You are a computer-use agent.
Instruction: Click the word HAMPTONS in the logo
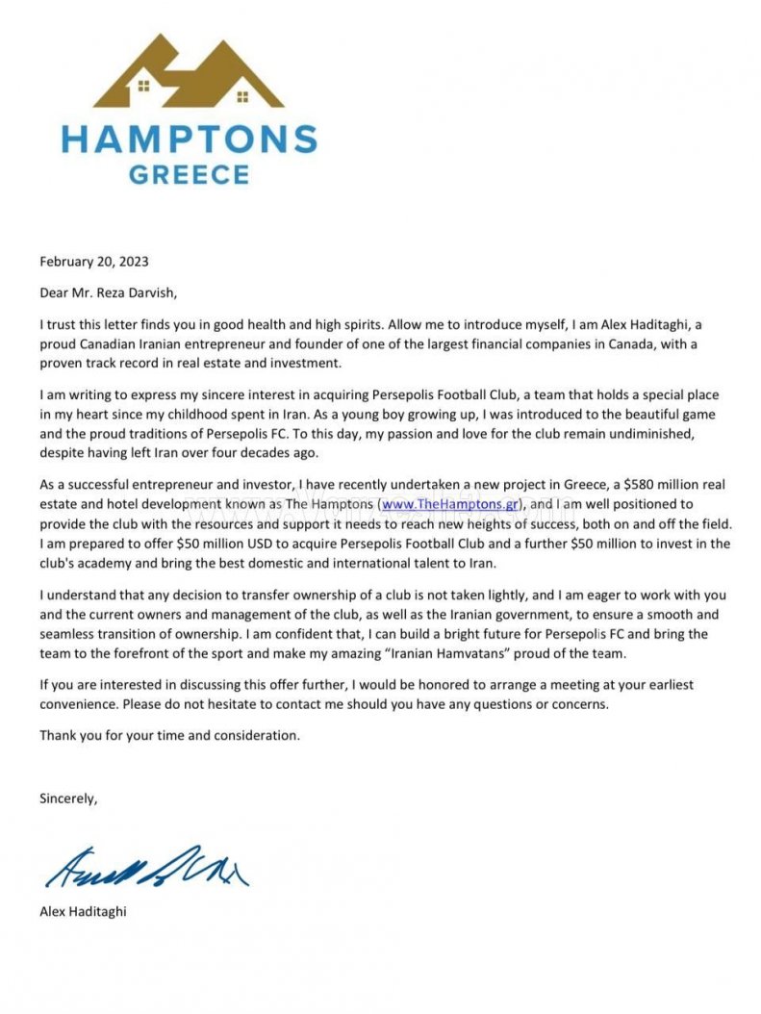point(190,140)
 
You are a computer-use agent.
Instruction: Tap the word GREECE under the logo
point(190,175)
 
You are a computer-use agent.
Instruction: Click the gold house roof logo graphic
point(189,72)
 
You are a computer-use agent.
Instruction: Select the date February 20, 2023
point(94,261)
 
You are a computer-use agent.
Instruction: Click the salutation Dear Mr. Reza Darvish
point(109,292)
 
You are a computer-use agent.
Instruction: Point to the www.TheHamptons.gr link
point(450,504)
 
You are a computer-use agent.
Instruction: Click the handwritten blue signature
point(145,867)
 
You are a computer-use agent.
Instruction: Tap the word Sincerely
point(68,798)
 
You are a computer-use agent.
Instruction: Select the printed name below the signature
point(83,911)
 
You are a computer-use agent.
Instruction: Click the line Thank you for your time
point(169,735)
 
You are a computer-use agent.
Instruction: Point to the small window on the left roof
point(144,86)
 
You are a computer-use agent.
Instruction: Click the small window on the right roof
point(241,96)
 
